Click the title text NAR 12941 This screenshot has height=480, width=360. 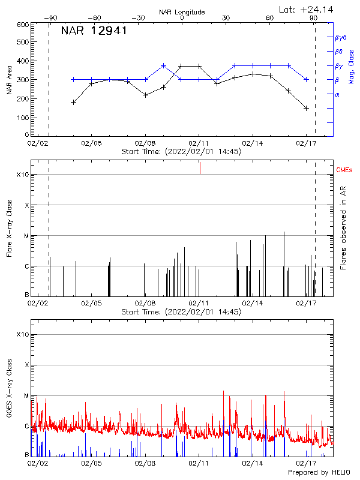pos(94,31)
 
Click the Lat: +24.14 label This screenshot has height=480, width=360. pos(307,9)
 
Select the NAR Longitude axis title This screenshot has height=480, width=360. pos(182,12)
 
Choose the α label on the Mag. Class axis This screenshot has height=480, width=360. pos(337,95)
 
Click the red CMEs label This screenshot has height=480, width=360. pos(345,171)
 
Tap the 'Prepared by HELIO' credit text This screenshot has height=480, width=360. pos(319,473)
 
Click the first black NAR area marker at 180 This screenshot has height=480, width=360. pos(73,102)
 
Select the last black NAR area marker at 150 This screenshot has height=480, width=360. pos(306,108)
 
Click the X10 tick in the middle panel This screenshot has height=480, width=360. pos(23,175)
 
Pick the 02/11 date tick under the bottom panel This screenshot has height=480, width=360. pos(199,464)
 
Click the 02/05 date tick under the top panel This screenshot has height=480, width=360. pos(91,144)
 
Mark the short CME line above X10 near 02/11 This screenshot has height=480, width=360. pos(200,169)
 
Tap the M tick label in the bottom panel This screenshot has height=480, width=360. pos(27,396)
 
